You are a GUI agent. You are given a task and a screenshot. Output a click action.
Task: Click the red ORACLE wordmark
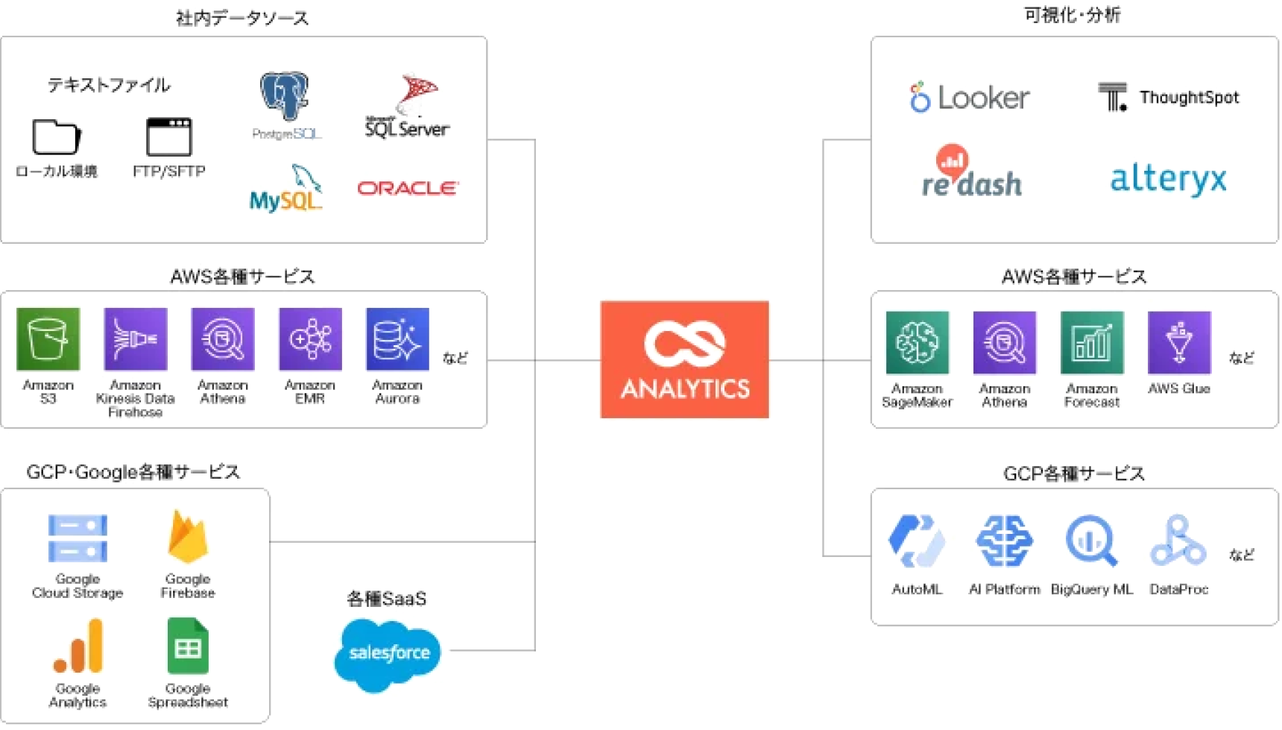[408, 188]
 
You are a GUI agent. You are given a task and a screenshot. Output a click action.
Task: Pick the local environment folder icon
[56, 136]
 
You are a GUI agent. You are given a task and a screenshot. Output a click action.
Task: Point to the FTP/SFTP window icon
[168, 136]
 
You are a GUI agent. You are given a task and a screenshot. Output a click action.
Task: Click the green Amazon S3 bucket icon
[48, 339]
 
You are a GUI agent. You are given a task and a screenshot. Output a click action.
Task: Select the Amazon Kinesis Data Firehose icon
[136, 339]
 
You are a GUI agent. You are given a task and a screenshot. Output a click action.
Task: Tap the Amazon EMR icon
[310, 339]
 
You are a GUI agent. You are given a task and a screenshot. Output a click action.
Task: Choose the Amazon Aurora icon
[397, 339]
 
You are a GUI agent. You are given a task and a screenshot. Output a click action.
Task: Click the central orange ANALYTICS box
[685, 359]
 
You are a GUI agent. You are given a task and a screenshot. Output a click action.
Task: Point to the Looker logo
[970, 98]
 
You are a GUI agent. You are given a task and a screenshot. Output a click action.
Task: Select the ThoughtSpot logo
[1168, 98]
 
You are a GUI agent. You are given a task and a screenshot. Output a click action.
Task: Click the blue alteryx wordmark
[1168, 179]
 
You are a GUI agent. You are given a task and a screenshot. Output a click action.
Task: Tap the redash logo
[970, 173]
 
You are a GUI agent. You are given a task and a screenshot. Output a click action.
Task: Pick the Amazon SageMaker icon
[918, 343]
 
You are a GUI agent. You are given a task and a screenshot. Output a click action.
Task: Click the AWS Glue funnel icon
[1179, 343]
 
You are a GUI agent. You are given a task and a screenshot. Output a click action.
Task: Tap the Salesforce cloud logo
[388, 653]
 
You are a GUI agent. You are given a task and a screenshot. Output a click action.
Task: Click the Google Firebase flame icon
[187, 537]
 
